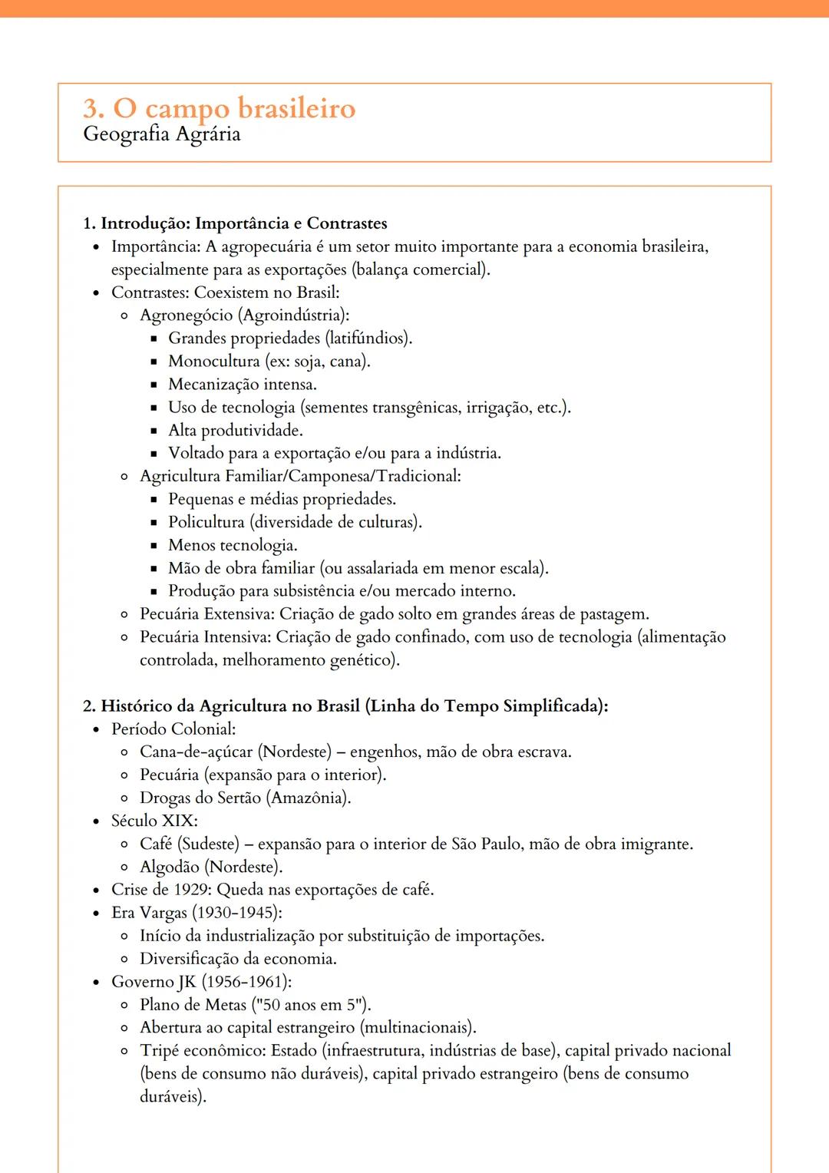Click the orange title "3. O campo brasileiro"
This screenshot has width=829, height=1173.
pos(219,108)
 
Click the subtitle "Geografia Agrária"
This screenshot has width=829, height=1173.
pos(161,134)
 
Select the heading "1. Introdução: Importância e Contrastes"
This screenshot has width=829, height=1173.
pos(235,223)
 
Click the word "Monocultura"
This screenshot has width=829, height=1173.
pos(214,362)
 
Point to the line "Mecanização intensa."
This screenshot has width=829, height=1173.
pos(242,385)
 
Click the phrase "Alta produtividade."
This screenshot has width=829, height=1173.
pos(235,431)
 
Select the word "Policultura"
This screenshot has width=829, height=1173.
pos(206,523)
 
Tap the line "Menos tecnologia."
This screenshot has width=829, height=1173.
pos(233,546)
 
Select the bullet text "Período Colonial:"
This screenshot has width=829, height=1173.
pos(173,729)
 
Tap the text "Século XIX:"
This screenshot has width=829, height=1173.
pos(154,821)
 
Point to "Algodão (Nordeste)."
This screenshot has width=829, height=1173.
pos(211,867)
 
